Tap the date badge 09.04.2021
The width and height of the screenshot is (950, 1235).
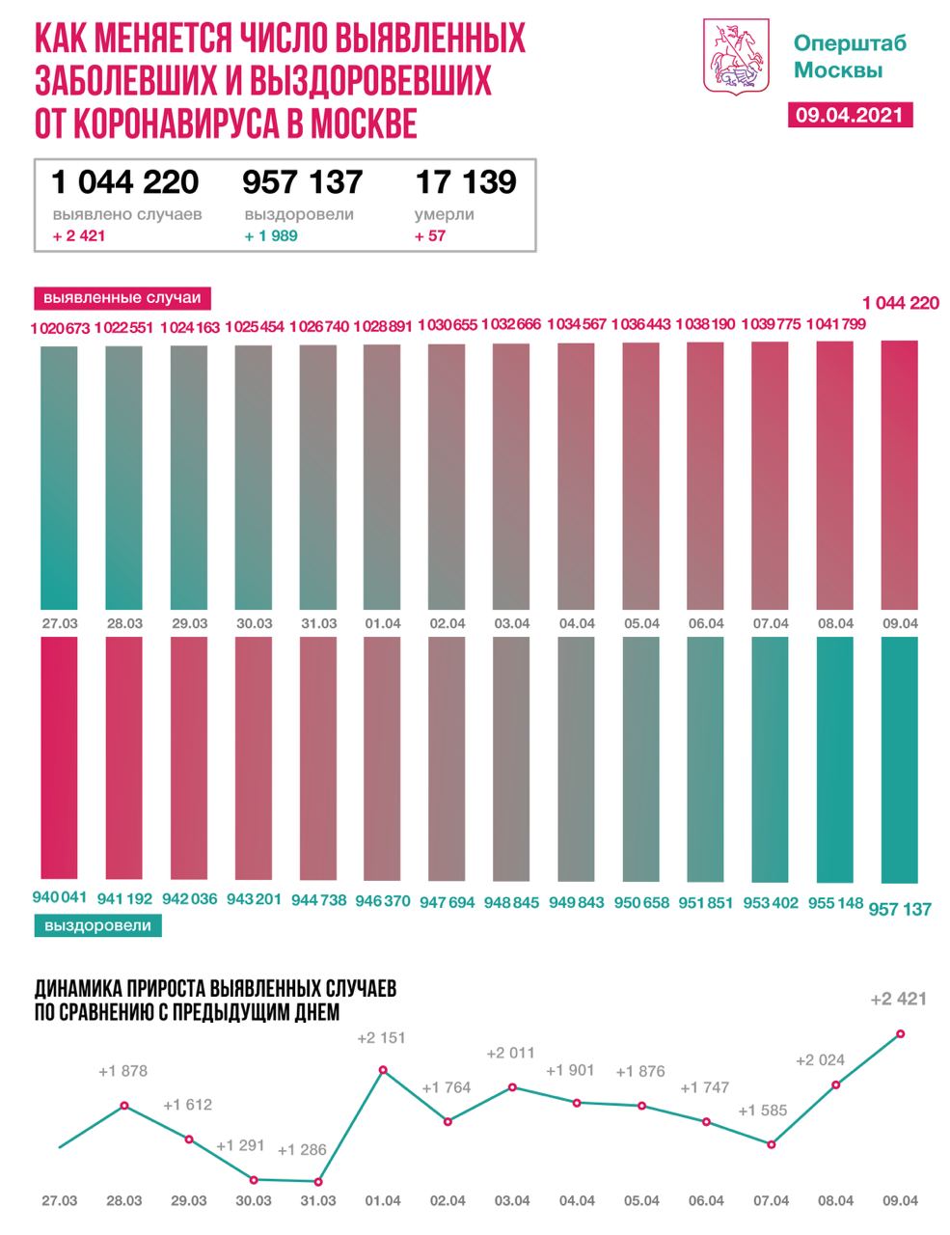pos(849,114)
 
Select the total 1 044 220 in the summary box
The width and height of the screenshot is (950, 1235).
pos(125,181)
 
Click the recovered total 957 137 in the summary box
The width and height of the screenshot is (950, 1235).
pos(303,181)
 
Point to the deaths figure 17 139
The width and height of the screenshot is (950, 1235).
pos(466,181)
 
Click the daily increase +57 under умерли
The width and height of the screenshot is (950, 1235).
pos(430,235)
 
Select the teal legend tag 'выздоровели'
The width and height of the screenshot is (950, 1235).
pos(97,925)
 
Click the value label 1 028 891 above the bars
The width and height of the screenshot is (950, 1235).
pos(383,327)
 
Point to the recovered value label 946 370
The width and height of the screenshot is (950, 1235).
pos(383,901)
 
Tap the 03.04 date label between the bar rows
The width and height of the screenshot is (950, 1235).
pos(512,623)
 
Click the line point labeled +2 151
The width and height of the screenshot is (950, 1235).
pos(384,1070)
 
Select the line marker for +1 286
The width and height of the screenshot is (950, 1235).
pos(318,1181)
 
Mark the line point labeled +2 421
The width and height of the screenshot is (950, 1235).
pos(900,1033)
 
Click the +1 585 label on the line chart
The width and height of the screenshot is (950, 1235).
pos(763,1111)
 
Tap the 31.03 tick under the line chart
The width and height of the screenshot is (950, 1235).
pos(318,1201)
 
